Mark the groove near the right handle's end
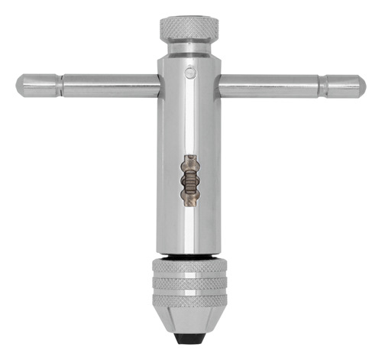[x=324, y=85]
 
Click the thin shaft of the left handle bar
[x=107, y=83]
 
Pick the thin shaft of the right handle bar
[x=267, y=85]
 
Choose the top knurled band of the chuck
[x=188, y=270]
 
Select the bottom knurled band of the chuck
[x=188, y=305]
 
